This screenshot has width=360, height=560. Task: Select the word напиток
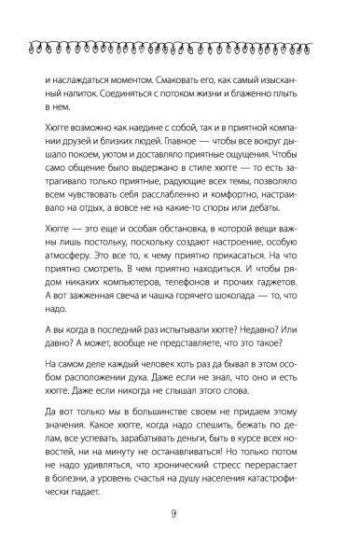tap(76, 96)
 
